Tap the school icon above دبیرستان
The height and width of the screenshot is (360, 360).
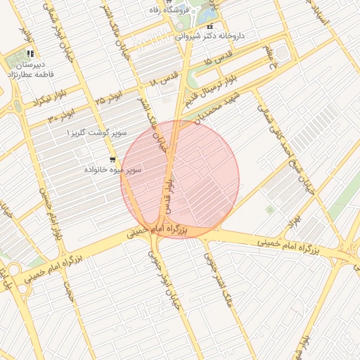30,53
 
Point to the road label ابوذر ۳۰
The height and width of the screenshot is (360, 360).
62,115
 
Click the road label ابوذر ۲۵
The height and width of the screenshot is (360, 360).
110,96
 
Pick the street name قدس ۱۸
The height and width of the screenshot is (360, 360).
162,82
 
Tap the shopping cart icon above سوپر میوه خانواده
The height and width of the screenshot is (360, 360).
112,160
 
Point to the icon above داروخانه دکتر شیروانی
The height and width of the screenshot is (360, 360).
209,26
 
